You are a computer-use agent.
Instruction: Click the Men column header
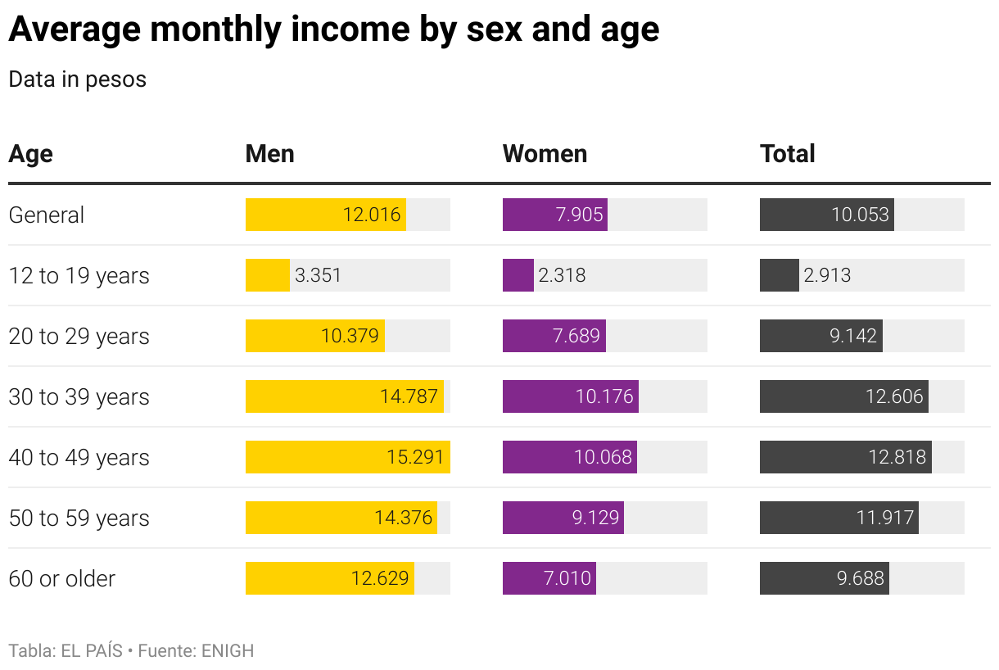[x=269, y=154]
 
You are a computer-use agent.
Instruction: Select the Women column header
[x=545, y=154]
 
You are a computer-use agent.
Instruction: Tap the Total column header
[x=787, y=154]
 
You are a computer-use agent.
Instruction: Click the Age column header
[x=30, y=154]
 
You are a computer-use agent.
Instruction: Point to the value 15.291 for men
[x=415, y=457]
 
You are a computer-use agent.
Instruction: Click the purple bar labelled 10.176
[x=570, y=396]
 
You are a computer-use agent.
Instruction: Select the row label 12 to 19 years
[x=79, y=275]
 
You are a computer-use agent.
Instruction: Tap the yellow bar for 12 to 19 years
[x=267, y=275]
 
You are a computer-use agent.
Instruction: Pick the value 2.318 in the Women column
[x=562, y=275]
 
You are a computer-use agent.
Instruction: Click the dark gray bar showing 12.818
[x=845, y=457]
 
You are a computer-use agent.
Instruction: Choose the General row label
[x=46, y=215]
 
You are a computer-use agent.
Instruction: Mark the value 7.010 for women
[x=567, y=578]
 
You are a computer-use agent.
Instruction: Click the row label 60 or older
[x=61, y=578]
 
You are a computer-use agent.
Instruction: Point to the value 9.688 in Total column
[x=860, y=578]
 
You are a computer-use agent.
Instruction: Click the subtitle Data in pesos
[x=77, y=79]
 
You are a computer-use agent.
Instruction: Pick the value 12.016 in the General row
[x=372, y=215]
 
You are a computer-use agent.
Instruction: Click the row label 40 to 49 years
[x=79, y=457]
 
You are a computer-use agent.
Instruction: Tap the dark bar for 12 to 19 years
[x=779, y=275]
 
